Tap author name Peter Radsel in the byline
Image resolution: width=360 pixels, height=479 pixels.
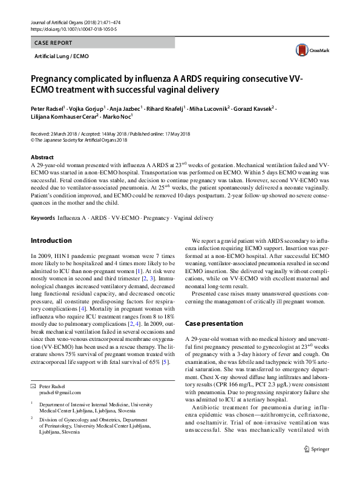tap(47, 108)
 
